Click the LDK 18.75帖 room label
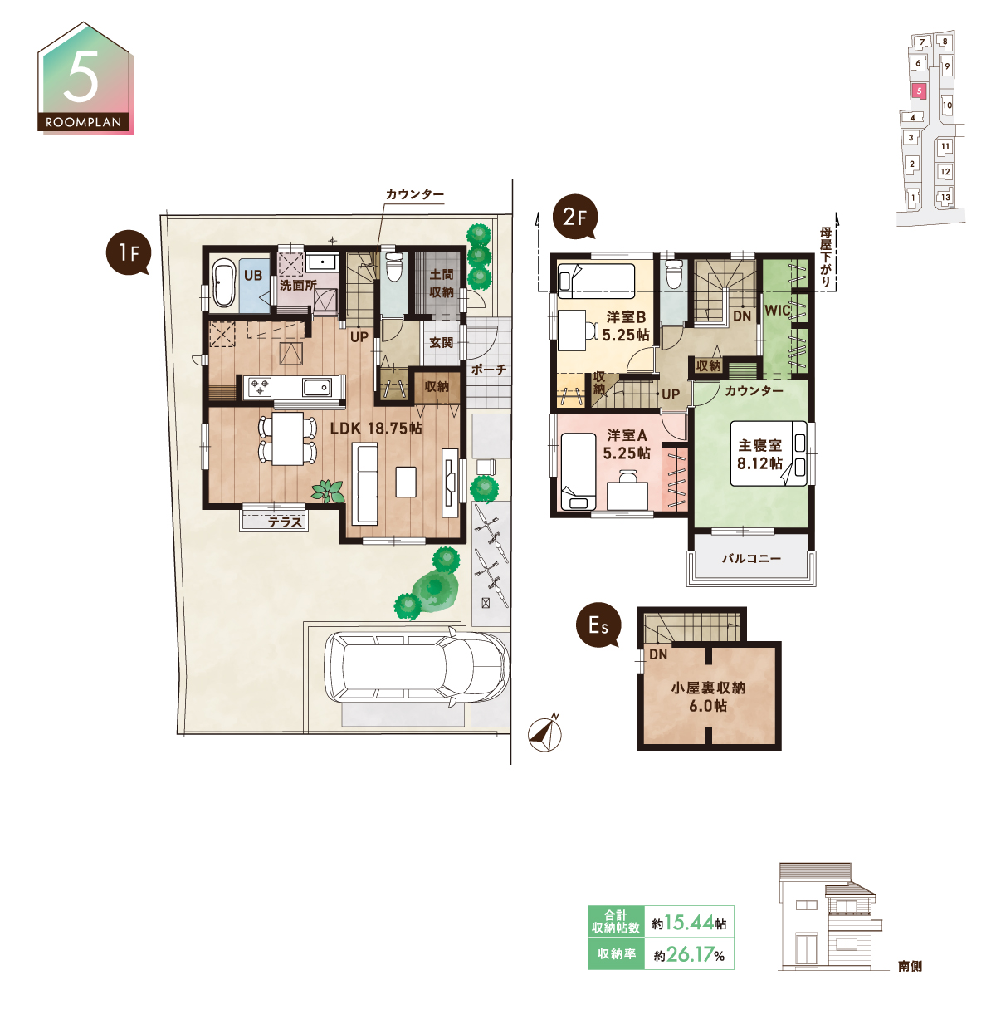point(376,429)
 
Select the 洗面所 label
point(298,285)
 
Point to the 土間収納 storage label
point(442,283)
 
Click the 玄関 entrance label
point(441,342)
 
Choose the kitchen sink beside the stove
point(317,387)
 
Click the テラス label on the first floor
point(286,522)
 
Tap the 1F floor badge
point(129,253)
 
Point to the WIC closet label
point(777,310)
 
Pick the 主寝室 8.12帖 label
point(759,454)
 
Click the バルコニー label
point(751,558)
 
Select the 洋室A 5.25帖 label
point(627,444)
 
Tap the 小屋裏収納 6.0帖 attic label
point(708,697)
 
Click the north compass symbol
point(545,732)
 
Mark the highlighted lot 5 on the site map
point(919,91)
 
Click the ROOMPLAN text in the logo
point(84,123)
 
